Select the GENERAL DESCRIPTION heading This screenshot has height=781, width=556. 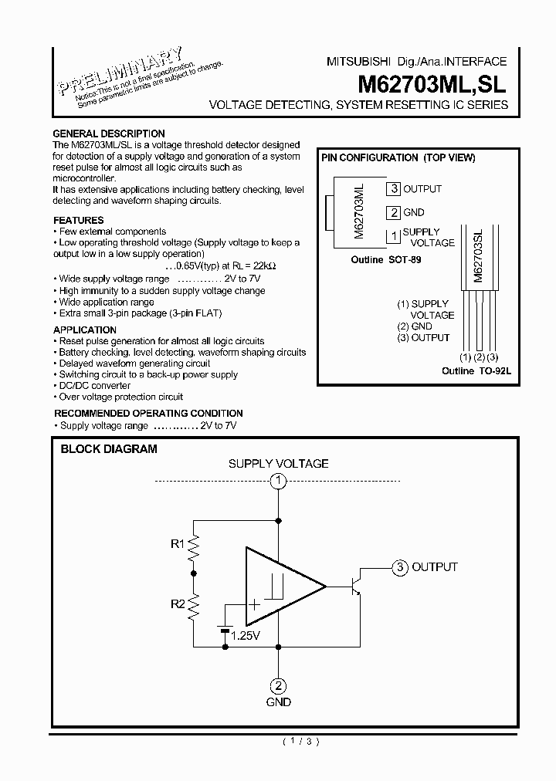108,134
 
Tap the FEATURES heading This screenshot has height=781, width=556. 78,220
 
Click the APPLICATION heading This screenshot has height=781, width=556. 85,330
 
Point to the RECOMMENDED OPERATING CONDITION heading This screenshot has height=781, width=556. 148,414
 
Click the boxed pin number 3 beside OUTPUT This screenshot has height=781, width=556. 394,189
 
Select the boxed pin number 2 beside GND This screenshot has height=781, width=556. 394,213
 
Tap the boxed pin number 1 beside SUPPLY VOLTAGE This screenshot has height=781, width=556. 394,236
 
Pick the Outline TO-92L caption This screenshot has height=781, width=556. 476,371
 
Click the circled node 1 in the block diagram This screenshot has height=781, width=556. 278,482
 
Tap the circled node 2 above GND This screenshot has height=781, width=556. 278,685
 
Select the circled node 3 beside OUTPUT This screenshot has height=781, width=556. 399,567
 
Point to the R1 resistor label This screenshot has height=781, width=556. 178,544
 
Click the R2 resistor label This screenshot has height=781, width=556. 178,604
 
